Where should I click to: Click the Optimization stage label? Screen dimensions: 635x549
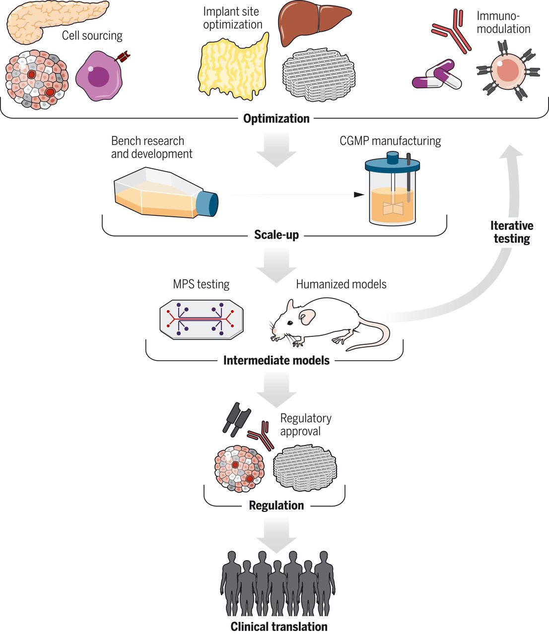click(x=276, y=119)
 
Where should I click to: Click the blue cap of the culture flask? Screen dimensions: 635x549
click(x=207, y=203)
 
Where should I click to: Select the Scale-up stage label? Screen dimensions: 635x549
click(x=276, y=235)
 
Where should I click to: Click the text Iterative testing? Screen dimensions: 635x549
click(x=511, y=232)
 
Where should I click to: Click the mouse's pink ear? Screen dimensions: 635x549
click(x=307, y=316)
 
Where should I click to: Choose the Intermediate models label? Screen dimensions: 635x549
click(x=276, y=360)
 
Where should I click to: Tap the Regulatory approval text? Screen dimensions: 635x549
click(x=305, y=425)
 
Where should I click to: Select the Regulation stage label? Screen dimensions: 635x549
click(x=276, y=506)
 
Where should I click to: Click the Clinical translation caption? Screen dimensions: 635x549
click(x=278, y=627)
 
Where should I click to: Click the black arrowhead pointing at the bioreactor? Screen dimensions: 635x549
click(x=358, y=194)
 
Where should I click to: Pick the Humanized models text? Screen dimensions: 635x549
click(x=341, y=284)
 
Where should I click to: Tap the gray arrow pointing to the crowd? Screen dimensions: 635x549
click(x=276, y=535)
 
